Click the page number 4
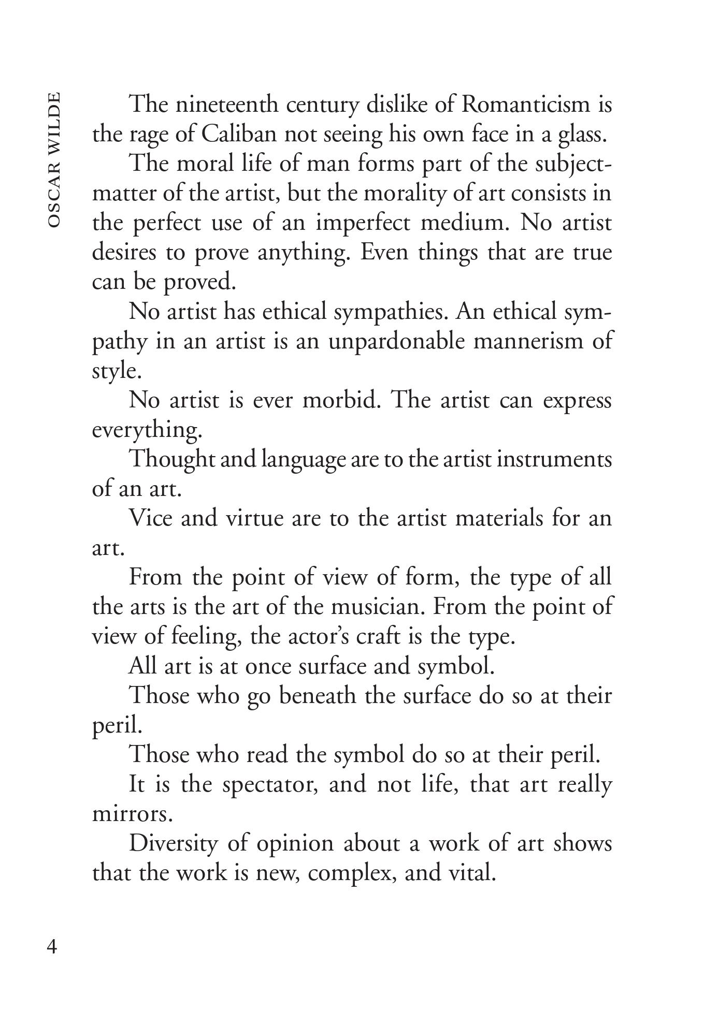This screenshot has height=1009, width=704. coord(52,946)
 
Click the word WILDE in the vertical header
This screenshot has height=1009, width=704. coord(53,120)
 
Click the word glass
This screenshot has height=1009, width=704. coord(582,135)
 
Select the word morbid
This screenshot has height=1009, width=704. coord(341,401)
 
